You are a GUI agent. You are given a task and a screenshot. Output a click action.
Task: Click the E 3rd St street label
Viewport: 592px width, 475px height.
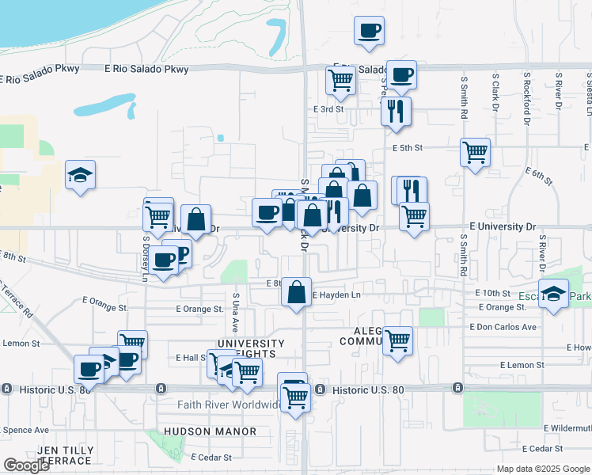[x=328, y=109]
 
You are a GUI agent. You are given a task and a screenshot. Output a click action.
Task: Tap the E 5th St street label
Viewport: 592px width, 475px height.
[x=408, y=148]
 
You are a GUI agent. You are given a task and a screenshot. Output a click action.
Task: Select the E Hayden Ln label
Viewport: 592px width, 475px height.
[x=336, y=295]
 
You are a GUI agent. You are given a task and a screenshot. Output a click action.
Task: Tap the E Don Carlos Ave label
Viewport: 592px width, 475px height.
[x=503, y=327]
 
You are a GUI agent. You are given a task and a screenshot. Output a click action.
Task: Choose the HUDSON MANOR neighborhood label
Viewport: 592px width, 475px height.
[x=210, y=431]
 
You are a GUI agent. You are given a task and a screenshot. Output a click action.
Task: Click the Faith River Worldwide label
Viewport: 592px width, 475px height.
[x=218, y=405]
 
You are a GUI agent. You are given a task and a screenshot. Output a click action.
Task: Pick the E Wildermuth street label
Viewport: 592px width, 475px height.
[x=568, y=428]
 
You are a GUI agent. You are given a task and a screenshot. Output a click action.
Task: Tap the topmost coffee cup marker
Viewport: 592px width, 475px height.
[x=369, y=31]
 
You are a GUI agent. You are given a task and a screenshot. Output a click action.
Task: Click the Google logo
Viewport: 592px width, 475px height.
[x=27, y=465]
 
